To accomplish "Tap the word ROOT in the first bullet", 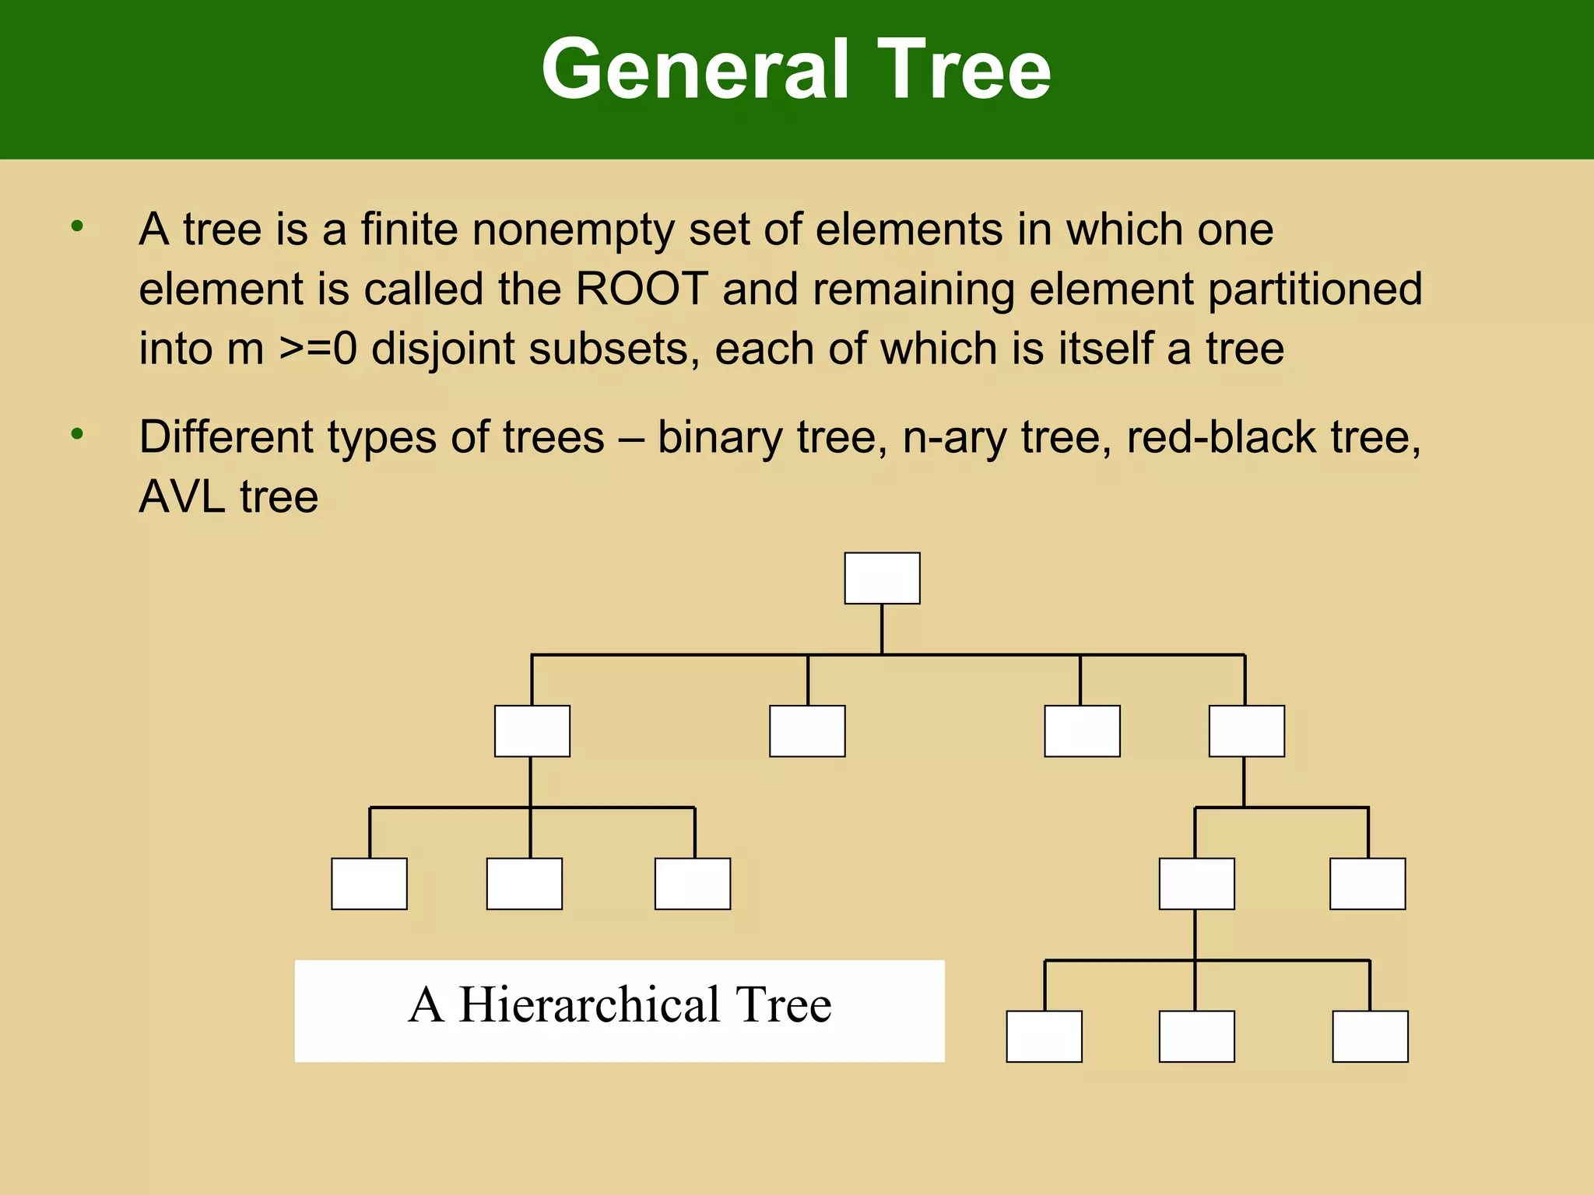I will pos(641,289).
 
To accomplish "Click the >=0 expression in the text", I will pos(318,349).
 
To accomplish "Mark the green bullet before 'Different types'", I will pos(76,433).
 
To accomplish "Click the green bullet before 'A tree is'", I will pos(76,226).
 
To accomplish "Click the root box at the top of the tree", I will pos(882,578).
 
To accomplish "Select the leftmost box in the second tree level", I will pos(532,731).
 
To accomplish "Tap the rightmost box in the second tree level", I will pos(1246,731).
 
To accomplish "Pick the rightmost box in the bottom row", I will pos(1370,1036).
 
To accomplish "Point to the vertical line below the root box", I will pos(882,629).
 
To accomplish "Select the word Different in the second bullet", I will pos(226,437).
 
